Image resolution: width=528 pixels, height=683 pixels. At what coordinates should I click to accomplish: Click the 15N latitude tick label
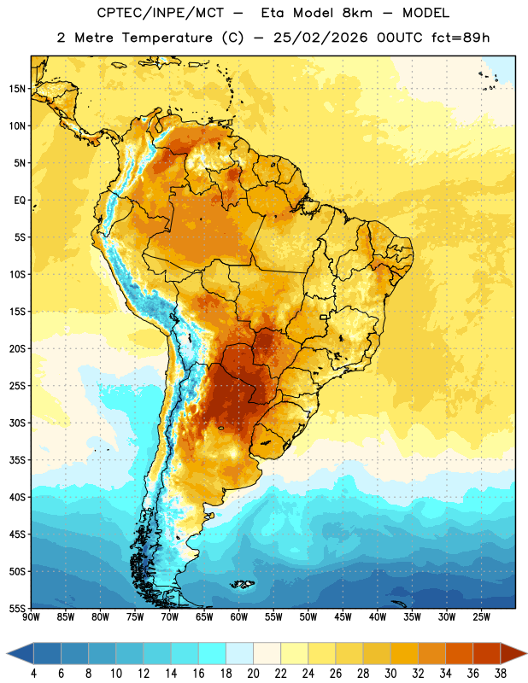pyautogui.click(x=17, y=89)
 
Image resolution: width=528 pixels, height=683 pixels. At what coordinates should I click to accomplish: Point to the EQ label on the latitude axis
pyautogui.click(x=20, y=201)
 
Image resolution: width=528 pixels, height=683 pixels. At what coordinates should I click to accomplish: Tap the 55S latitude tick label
pyautogui.click(x=17, y=608)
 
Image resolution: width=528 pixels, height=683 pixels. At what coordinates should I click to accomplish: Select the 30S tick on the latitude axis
pyautogui.click(x=17, y=423)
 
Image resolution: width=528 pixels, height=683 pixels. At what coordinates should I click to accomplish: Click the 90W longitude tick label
pyautogui.click(x=31, y=617)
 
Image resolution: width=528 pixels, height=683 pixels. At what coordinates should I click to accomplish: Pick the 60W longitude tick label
pyautogui.click(x=239, y=617)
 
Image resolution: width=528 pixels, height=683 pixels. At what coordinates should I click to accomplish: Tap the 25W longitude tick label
pyautogui.click(x=481, y=617)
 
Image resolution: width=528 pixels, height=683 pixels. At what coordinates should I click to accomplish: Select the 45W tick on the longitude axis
pyautogui.click(x=343, y=617)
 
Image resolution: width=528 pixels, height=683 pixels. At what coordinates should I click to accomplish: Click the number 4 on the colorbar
pyautogui.click(x=33, y=674)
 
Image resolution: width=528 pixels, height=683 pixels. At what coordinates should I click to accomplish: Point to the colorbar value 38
pyautogui.click(x=501, y=674)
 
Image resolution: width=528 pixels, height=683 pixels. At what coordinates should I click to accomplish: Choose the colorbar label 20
pyautogui.click(x=253, y=674)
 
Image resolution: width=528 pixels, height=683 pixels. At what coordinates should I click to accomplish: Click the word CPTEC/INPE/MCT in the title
pyautogui.click(x=160, y=13)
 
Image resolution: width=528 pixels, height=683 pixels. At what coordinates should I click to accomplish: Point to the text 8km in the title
pyautogui.click(x=357, y=13)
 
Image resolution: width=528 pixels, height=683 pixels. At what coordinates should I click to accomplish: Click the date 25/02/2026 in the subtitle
pyautogui.click(x=320, y=38)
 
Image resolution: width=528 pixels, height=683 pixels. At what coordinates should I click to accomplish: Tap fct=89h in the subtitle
pyautogui.click(x=461, y=38)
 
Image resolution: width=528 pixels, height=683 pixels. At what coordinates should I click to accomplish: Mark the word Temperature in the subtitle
pyautogui.click(x=167, y=38)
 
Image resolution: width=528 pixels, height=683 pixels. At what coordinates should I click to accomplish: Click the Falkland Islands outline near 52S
pyautogui.click(x=243, y=584)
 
